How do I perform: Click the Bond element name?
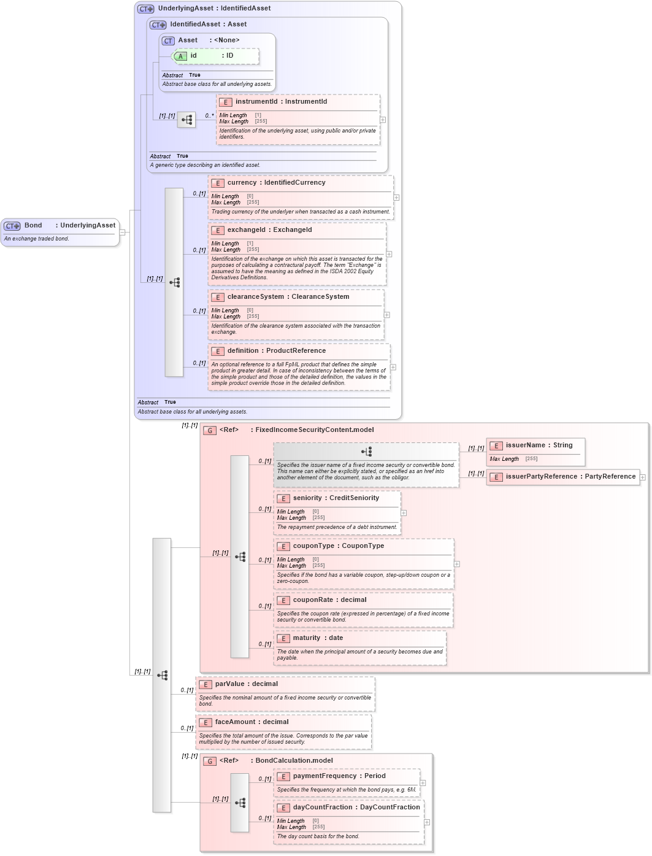33,225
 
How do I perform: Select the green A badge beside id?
180,56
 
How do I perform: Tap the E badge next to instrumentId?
225,102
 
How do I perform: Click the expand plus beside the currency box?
396,198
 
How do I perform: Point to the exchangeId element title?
269,230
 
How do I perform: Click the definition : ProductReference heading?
276,351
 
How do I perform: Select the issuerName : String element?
539,445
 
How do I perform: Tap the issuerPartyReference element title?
570,477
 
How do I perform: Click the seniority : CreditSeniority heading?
336,498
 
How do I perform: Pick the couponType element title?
338,546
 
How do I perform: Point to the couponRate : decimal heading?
329,600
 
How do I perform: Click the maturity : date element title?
318,638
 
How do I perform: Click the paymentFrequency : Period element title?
339,776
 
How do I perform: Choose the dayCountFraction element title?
356,808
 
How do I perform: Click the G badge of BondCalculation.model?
210,762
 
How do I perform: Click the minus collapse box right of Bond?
122,232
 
